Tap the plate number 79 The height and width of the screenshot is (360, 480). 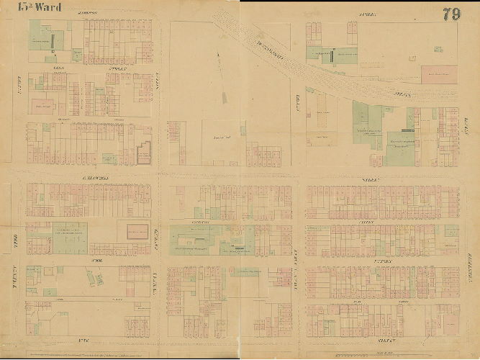451,14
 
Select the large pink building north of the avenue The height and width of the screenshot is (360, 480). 439,74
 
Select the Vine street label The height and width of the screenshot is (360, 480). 89,339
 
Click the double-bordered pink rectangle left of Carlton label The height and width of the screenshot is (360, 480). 137,231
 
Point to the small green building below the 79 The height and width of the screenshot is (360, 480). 438,49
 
